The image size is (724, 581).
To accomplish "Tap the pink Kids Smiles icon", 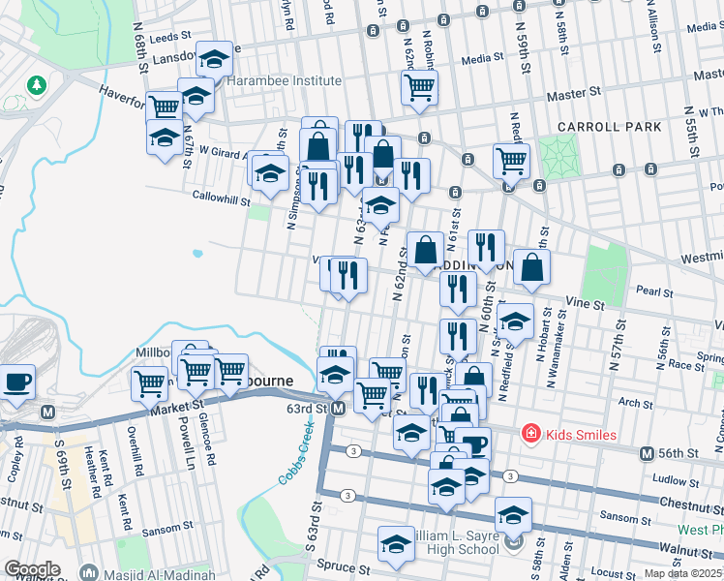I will click(x=530, y=434).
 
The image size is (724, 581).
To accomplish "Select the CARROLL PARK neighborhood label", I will click(x=610, y=127).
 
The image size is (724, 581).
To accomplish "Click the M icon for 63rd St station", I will click(x=338, y=409).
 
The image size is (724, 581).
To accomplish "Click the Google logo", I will click(x=32, y=569).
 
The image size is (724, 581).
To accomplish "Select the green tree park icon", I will click(x=37, y=86).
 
